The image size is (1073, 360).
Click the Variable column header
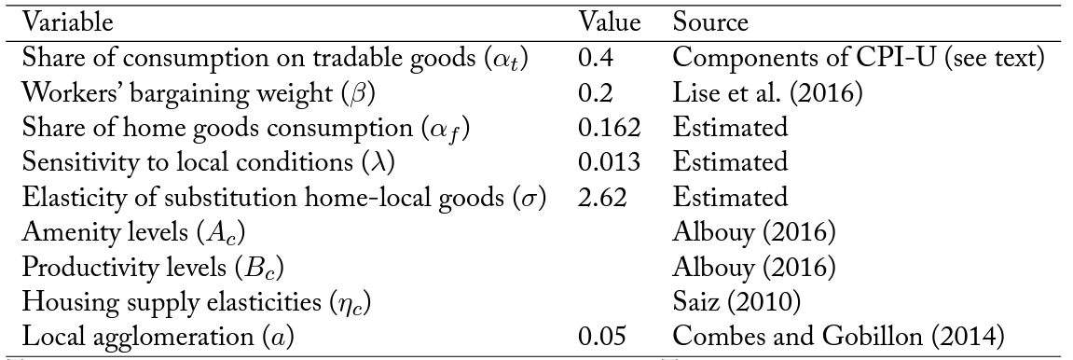68,22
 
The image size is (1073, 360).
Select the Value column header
609,22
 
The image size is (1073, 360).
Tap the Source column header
710,22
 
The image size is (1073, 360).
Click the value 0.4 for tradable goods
596,58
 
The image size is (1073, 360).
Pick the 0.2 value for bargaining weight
596,93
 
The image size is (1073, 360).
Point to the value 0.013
609,162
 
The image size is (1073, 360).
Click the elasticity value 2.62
602,197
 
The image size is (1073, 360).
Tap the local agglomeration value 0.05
602,337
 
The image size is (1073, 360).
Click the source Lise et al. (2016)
768,93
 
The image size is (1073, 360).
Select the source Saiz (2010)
736,302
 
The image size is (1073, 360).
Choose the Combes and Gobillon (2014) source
838,337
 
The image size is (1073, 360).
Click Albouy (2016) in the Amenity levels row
754,232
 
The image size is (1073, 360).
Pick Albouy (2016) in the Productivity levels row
754,267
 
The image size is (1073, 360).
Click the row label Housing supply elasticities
184,302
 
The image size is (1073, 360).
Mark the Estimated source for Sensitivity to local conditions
730,162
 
